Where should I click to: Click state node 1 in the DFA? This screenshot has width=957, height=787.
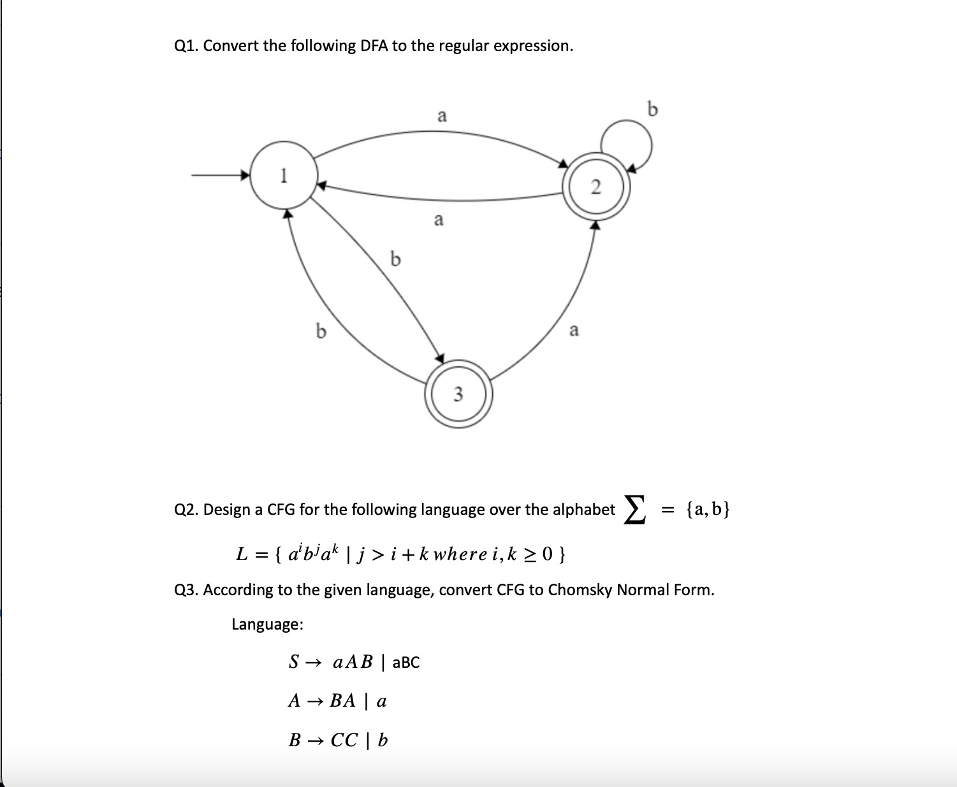pyautogui.click(x=283, y=175)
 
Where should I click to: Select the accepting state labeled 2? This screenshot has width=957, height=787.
pyautogui.click(x=595, y=187)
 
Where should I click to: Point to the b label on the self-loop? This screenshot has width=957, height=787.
pyautogui.click(x=652, y=110)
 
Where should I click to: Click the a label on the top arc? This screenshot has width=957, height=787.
pyautogui.click(x=441, y=116)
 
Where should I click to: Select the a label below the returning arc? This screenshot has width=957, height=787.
pyautogui.click(x=438, y=220)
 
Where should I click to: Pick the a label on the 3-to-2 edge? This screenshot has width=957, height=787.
pyautogui.click(x=574, y=330)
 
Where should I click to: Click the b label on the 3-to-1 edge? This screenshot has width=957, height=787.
pyautogui.click(x=321, y=331)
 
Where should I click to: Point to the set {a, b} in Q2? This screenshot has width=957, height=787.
pyautogui.click(x=707, y=509)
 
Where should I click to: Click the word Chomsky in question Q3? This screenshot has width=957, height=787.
pyautogui.click(x=581, y=589)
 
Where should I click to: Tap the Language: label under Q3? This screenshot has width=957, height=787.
pyautogui.click(x=267, y=624)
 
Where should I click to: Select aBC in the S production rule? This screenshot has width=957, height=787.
pyautogui.click(x=405, y=663)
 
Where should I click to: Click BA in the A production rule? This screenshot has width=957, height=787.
pyautogui.click(x=342, y=701)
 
